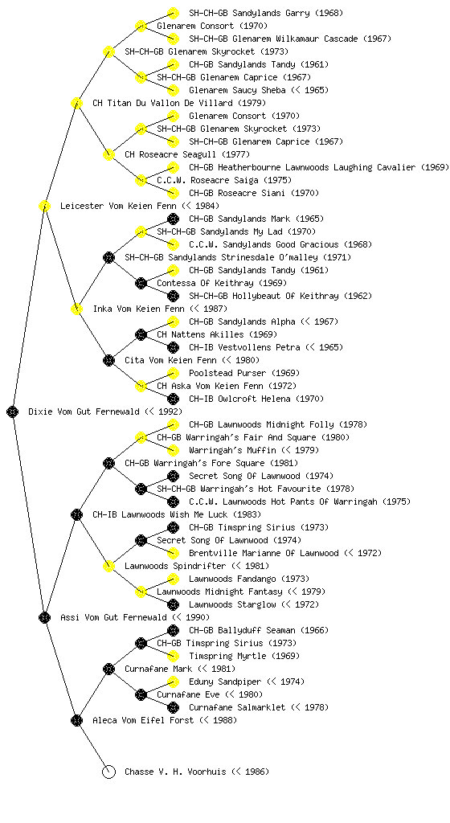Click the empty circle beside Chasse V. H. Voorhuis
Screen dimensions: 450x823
108,772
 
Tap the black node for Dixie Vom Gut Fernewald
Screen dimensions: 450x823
13,411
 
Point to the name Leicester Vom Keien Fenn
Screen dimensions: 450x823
118,206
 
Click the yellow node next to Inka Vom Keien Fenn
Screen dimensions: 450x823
76,309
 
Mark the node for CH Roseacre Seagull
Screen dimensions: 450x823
108,154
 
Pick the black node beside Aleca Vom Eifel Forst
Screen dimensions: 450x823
76,720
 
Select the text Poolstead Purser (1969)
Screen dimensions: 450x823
243,373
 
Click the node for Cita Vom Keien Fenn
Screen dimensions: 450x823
108,360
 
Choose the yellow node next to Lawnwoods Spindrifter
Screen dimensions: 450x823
108,566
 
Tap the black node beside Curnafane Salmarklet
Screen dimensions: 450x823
173,707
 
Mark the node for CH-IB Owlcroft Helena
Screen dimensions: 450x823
173,399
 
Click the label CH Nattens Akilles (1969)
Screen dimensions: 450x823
217,334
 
